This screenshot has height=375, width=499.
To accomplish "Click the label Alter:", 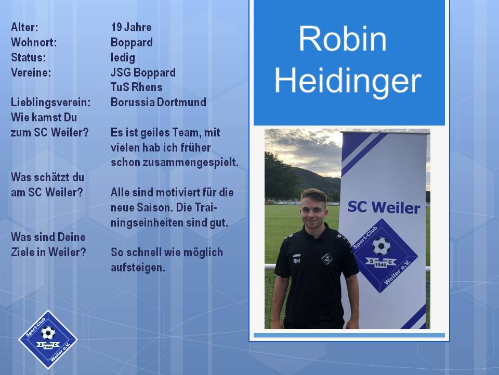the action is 24,28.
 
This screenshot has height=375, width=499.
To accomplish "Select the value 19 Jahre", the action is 131,28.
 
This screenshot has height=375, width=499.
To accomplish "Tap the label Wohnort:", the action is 34,42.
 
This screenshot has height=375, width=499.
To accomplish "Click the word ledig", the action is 123,58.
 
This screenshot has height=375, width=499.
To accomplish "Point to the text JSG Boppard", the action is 143,73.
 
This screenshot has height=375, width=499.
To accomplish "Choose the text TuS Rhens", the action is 137,87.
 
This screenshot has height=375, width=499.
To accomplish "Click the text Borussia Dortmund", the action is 159,103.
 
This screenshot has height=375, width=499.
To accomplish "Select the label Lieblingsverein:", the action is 50,103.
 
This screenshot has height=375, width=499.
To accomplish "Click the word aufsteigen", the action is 138,268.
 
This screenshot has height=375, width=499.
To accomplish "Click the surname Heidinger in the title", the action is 348,81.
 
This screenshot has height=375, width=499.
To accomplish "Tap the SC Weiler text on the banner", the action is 384,207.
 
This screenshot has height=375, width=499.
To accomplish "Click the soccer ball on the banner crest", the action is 381,246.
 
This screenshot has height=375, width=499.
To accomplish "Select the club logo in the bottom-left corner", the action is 48,339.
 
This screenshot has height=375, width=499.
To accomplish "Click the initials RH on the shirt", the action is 296,261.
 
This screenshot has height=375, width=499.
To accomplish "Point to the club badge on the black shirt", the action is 327,259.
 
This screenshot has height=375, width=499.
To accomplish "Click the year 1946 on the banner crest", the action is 380,265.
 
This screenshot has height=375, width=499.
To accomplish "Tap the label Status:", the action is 28,58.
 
